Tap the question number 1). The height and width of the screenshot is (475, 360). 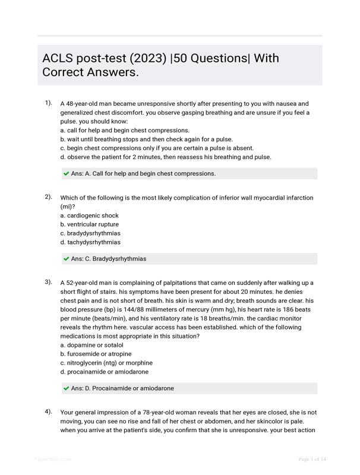pyautogui.click(x=49, y=103)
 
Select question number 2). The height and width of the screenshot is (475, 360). pyautogui.click(x=49, y=197)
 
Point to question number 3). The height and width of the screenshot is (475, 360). pyautogui.click(x=49, y=282)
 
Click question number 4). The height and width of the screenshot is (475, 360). pyautogui.click(x=49, y=411)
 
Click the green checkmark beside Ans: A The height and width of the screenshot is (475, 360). pyautogui.click(x=66, y=174)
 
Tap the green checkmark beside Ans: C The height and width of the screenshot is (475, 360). pyautogui.click(x=66, y=259)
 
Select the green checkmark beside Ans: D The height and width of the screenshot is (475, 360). pyautogui.click(x=66, y=388)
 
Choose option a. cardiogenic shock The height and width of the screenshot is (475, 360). pyautogui.click(x=90, y=216)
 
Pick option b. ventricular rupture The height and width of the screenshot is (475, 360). pyautogui.click(x=90, y=224)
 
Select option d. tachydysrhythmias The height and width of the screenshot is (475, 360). pyautogui.click(x=90, y=242)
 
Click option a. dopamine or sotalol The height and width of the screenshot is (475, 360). pyautogui.click(x=92, y=345)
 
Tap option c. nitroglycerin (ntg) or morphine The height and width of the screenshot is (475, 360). pyautogui.click(x=106, y=363)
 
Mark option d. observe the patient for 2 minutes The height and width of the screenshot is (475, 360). pyautogui.click(x=166, y=157)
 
